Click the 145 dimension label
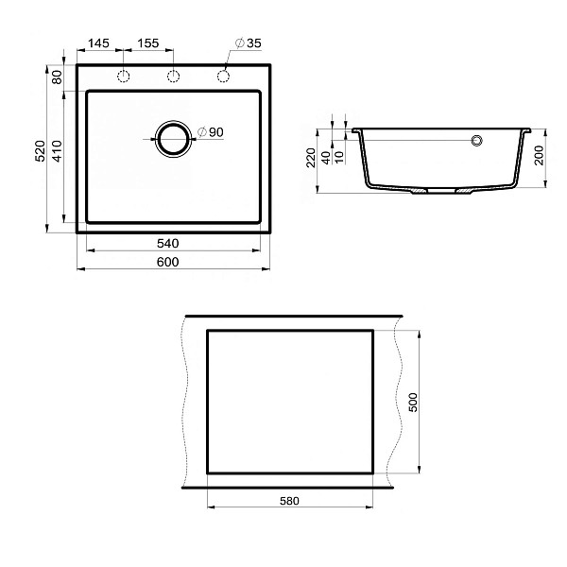tap(98, 43)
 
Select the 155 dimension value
tap(148, 43)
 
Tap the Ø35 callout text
tap(248, 43)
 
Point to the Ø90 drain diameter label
tap(211, 132)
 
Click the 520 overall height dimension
tap(40, 151)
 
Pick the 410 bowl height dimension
tap(57, 151)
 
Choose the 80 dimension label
tap(57, 77)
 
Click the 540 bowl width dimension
tap(168, 244)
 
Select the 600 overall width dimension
tap(168, 262)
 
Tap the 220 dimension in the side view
tap(311, 157)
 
